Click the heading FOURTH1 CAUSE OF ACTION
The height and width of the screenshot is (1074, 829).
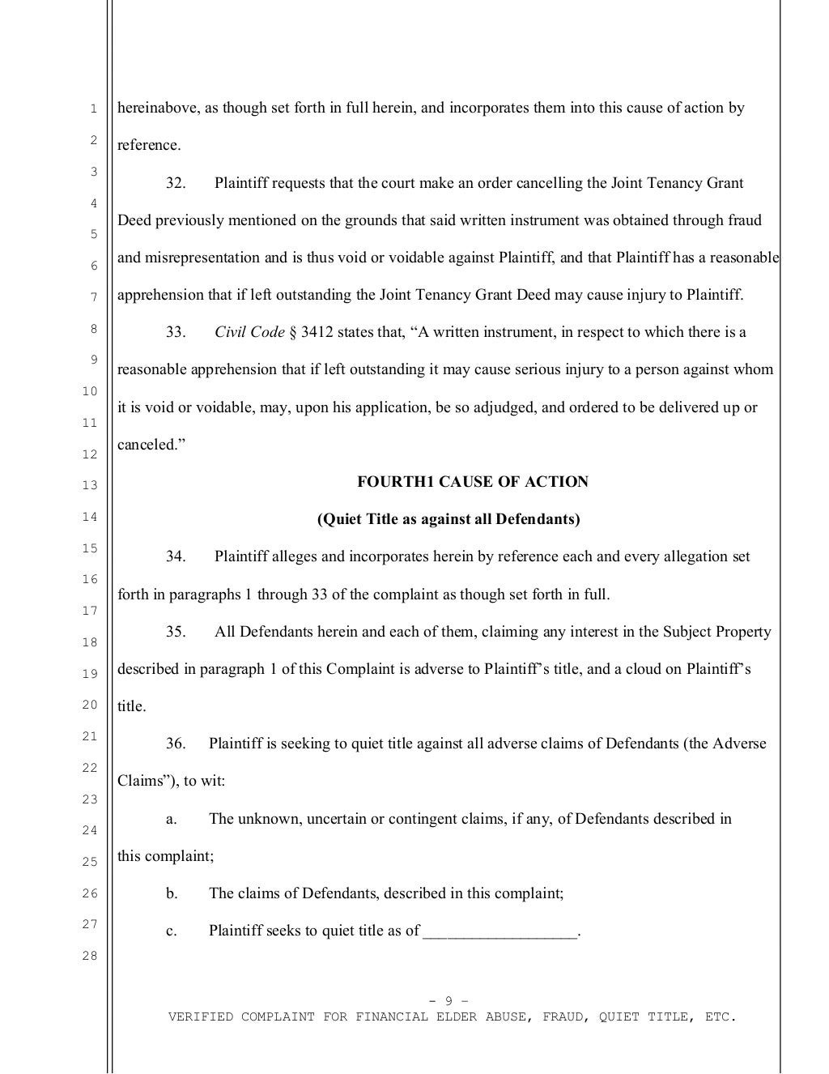(x=473, y=482)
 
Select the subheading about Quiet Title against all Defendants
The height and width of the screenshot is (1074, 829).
(x=448, y=519)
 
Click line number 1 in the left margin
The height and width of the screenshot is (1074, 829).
(x=92, y=109)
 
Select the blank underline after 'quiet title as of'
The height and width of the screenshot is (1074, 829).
(x=500, y=931)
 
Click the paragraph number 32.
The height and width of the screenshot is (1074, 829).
(x=176, y=183)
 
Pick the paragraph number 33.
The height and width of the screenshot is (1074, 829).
(x=176, y=332)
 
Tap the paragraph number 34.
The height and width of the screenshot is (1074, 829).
(x=176, y=556)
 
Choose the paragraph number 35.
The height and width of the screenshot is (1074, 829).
(x=176, y=632)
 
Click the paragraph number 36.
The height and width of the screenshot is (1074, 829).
(x=176, y=744)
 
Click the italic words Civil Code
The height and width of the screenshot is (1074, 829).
(x=249, y=332)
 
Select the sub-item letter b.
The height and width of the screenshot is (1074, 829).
(x=171, y=893)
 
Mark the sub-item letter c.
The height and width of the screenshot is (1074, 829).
(x=171, y=931)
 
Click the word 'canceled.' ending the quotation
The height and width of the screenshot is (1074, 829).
(x=147, y=445)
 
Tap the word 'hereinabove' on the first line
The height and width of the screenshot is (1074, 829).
(x=156, y=109)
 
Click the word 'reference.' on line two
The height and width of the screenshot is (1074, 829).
(x=149, y=146)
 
